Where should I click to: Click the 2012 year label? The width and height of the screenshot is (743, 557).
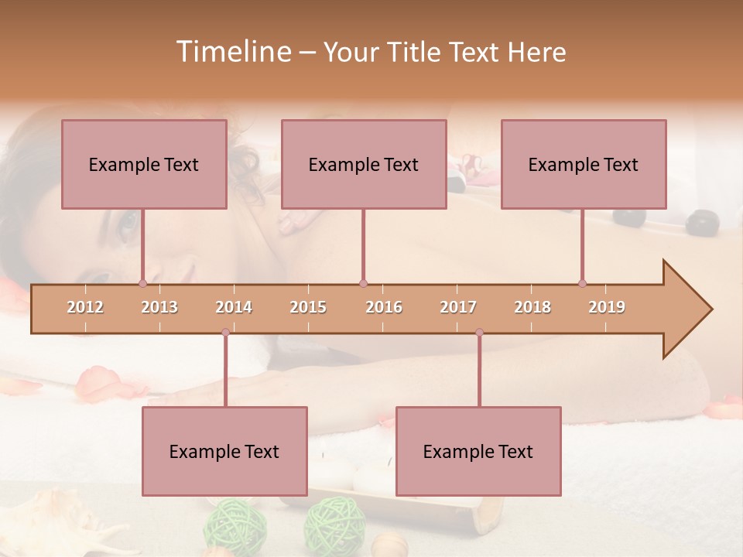coord(85,307)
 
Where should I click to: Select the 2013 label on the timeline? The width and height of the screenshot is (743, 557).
coord(159,307)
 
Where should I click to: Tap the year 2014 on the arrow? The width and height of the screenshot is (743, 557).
coord(234,307)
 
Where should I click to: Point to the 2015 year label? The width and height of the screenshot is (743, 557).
coord(308,307)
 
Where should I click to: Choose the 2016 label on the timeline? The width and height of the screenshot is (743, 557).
coord(384,307)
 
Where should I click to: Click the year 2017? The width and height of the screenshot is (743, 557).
coord(458,307)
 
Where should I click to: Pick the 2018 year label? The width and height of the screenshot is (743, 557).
coord(532,307)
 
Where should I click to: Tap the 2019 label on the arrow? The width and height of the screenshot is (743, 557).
coord(607,307)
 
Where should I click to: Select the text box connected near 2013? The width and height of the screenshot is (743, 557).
coord(144,164)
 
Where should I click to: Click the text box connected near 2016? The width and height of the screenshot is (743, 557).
coord(364,164)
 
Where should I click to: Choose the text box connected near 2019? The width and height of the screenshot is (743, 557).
coord(584,164)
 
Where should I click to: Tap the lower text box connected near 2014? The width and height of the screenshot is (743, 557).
coord(224,451)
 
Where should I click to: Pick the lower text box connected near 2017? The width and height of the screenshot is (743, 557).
coord(478,451)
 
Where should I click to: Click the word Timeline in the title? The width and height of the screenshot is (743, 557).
coord(231,52)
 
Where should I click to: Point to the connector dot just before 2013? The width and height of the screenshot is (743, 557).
coord(142,283)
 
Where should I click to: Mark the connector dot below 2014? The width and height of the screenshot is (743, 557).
coord(225,333)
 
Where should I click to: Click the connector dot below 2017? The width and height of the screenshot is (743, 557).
coord(479,333)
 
